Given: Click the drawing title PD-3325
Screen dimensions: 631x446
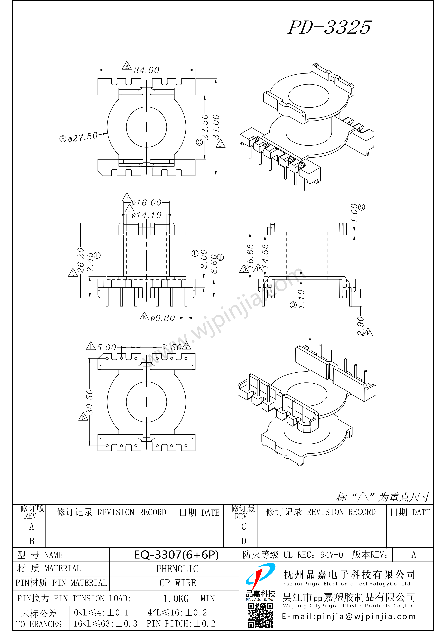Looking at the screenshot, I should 329,27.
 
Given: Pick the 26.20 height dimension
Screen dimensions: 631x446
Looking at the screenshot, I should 81,260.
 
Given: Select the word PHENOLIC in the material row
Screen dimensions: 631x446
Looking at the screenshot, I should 177,569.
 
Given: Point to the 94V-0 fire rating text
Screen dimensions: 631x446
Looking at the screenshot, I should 332,555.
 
